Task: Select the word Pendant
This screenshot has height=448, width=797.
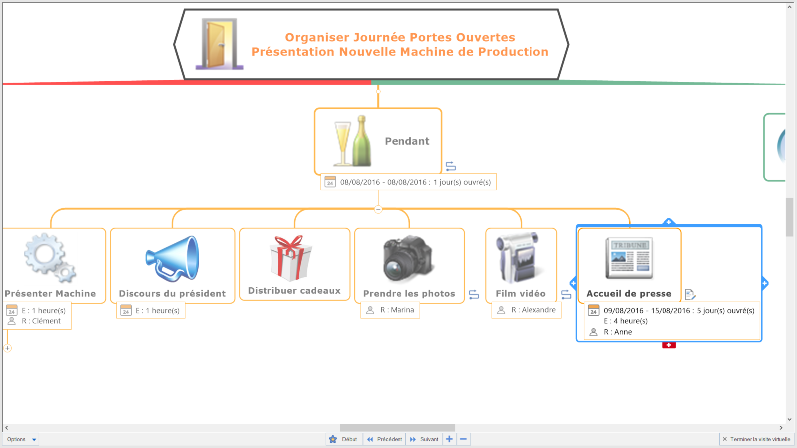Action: (406, 141)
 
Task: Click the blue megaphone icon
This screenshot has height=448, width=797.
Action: (173, 259)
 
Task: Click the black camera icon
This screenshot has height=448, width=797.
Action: (408, 259)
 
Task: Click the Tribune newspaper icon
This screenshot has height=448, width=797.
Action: (629, 258)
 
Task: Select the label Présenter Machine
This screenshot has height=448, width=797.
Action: (50, 294)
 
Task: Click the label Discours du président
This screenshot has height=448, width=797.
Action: (172, 294)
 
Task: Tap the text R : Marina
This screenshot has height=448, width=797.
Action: (397, 310)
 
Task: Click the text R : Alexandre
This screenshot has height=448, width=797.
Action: (533, 310)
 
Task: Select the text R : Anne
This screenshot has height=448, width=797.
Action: (618, 332)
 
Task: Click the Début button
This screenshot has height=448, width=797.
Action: (344, 439)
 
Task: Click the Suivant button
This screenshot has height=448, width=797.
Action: (424, 439)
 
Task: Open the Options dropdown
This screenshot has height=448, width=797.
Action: (21, 439)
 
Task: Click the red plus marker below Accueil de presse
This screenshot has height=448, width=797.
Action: (668, 345)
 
